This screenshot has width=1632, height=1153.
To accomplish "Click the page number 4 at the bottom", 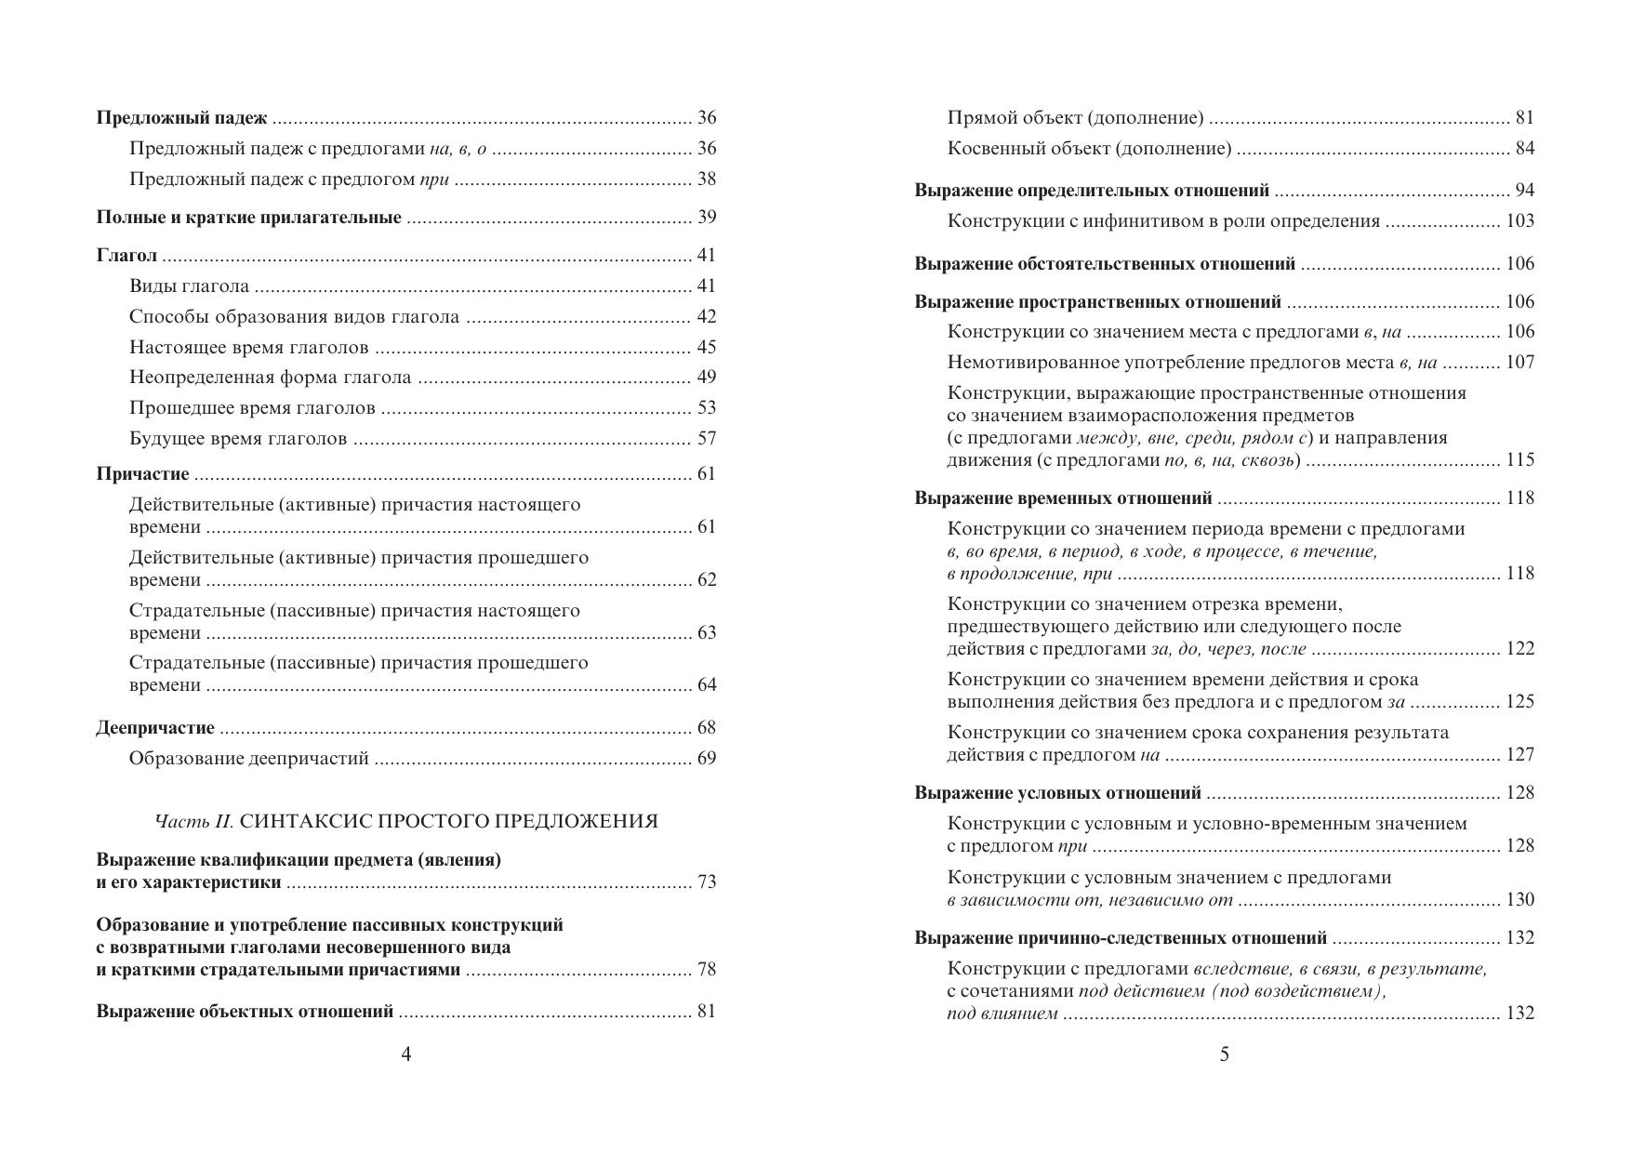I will pos(405,1054).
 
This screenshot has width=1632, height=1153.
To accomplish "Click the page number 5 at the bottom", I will pos(1224,1054).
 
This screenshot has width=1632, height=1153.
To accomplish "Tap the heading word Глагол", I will pos(126,256).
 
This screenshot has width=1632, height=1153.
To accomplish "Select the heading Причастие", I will pos(142,474).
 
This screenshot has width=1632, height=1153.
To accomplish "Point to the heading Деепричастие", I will pos(155,728).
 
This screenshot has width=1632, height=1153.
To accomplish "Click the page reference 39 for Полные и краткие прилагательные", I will pos(707,218).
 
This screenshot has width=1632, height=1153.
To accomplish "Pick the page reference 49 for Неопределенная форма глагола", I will pos(707,378).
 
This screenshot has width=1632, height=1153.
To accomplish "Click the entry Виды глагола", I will pos(189,286).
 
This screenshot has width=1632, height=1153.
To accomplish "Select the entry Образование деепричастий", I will pos(248,759).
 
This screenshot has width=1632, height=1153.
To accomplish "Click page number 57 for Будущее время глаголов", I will pos(707,439).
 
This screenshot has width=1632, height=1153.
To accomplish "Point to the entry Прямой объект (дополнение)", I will pos(1075,118).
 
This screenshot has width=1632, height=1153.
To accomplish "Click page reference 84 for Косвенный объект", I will pos(1524,149).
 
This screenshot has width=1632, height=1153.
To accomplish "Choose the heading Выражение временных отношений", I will pos(1063,498).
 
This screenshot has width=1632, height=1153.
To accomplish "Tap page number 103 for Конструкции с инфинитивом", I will pos(1519,221).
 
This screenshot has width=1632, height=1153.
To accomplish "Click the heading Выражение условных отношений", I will pos(1057,793).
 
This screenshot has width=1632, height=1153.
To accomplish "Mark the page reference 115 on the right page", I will pos(1519,460).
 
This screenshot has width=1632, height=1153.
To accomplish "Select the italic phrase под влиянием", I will pos(1002,1014).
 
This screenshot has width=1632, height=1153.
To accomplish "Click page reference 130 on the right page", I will pos(1519,900).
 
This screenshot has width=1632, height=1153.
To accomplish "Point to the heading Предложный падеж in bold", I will pos(181,118).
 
